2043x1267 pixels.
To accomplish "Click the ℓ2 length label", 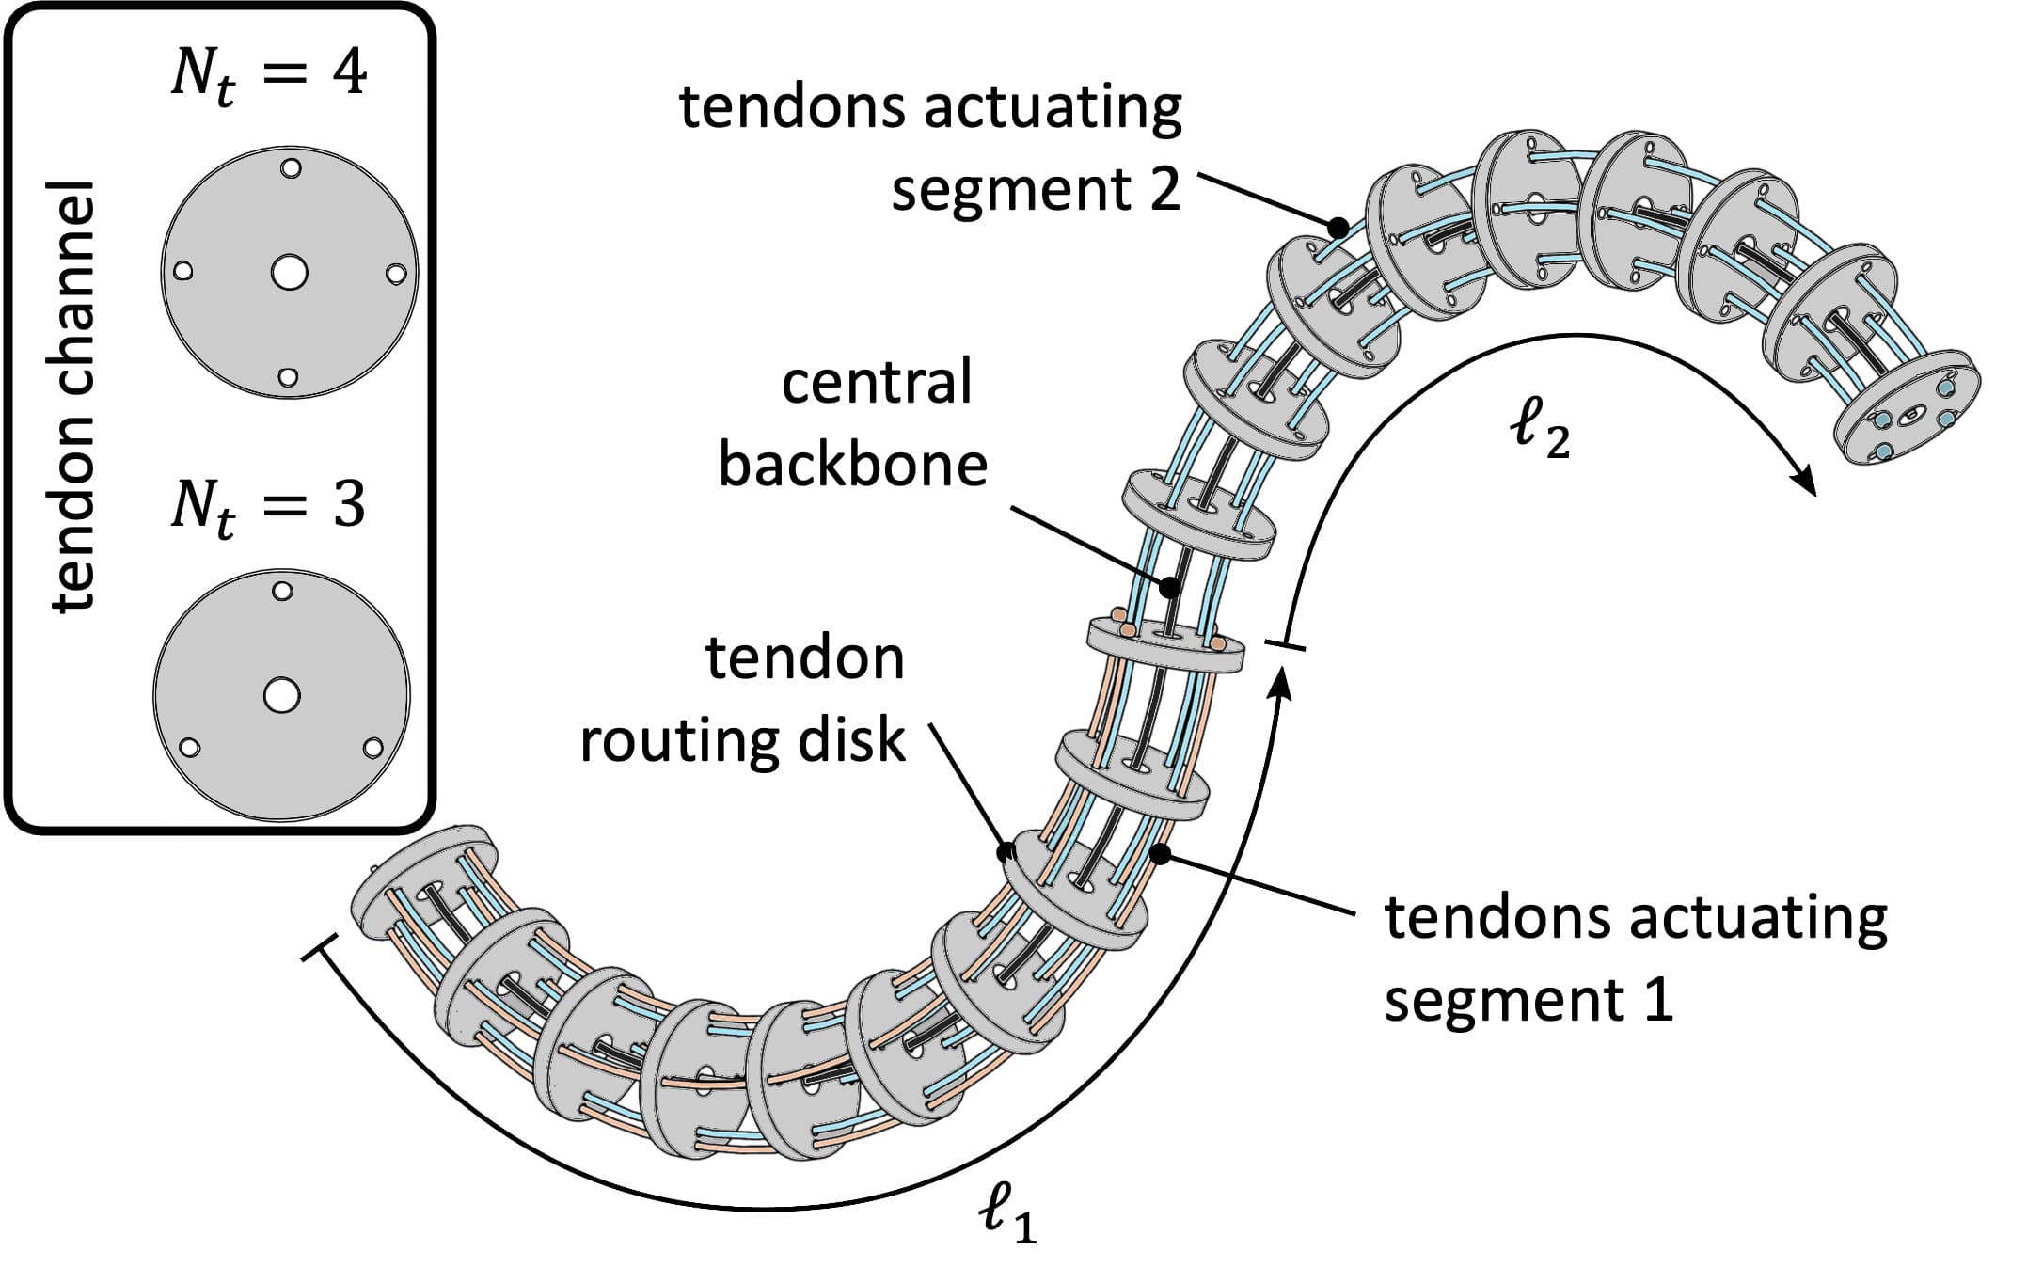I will point(1539,430).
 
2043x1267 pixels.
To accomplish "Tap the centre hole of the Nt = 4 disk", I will point(289,273).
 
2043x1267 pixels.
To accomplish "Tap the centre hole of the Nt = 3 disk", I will point(281,696).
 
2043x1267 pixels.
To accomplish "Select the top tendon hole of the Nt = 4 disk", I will point(291,168).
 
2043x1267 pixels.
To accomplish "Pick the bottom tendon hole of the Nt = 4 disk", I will point(289,377).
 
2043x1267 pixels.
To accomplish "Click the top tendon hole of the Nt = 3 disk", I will point(282,591).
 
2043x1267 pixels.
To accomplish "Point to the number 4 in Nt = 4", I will point(349,73).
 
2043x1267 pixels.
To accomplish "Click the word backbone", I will point(853,465).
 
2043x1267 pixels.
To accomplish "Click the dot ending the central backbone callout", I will point(1169,588).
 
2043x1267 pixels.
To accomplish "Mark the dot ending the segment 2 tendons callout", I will point(1338,227).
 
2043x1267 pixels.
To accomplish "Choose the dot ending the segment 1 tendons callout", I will point(1161,854).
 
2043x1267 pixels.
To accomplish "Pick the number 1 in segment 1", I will point(1659,1000).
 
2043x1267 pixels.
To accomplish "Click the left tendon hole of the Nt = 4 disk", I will point(184,271).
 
